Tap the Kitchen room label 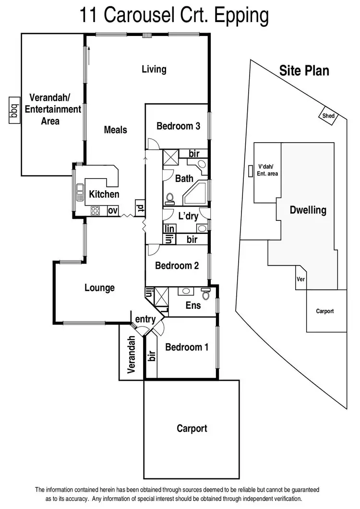pos(104,194)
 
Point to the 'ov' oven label pos(112,210)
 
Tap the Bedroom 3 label pos(178,126)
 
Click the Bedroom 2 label pos(177,266)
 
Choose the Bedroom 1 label pos(187,347)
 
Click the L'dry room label pos(188,216)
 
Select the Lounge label pos(99,288)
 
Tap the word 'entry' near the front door pos(145,319)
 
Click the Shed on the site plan pos(329,116)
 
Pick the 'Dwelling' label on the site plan pos(308,210)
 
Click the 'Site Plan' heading pos(304,71)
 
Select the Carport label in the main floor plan pos(192,428)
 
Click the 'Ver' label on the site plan pos(301,279)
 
